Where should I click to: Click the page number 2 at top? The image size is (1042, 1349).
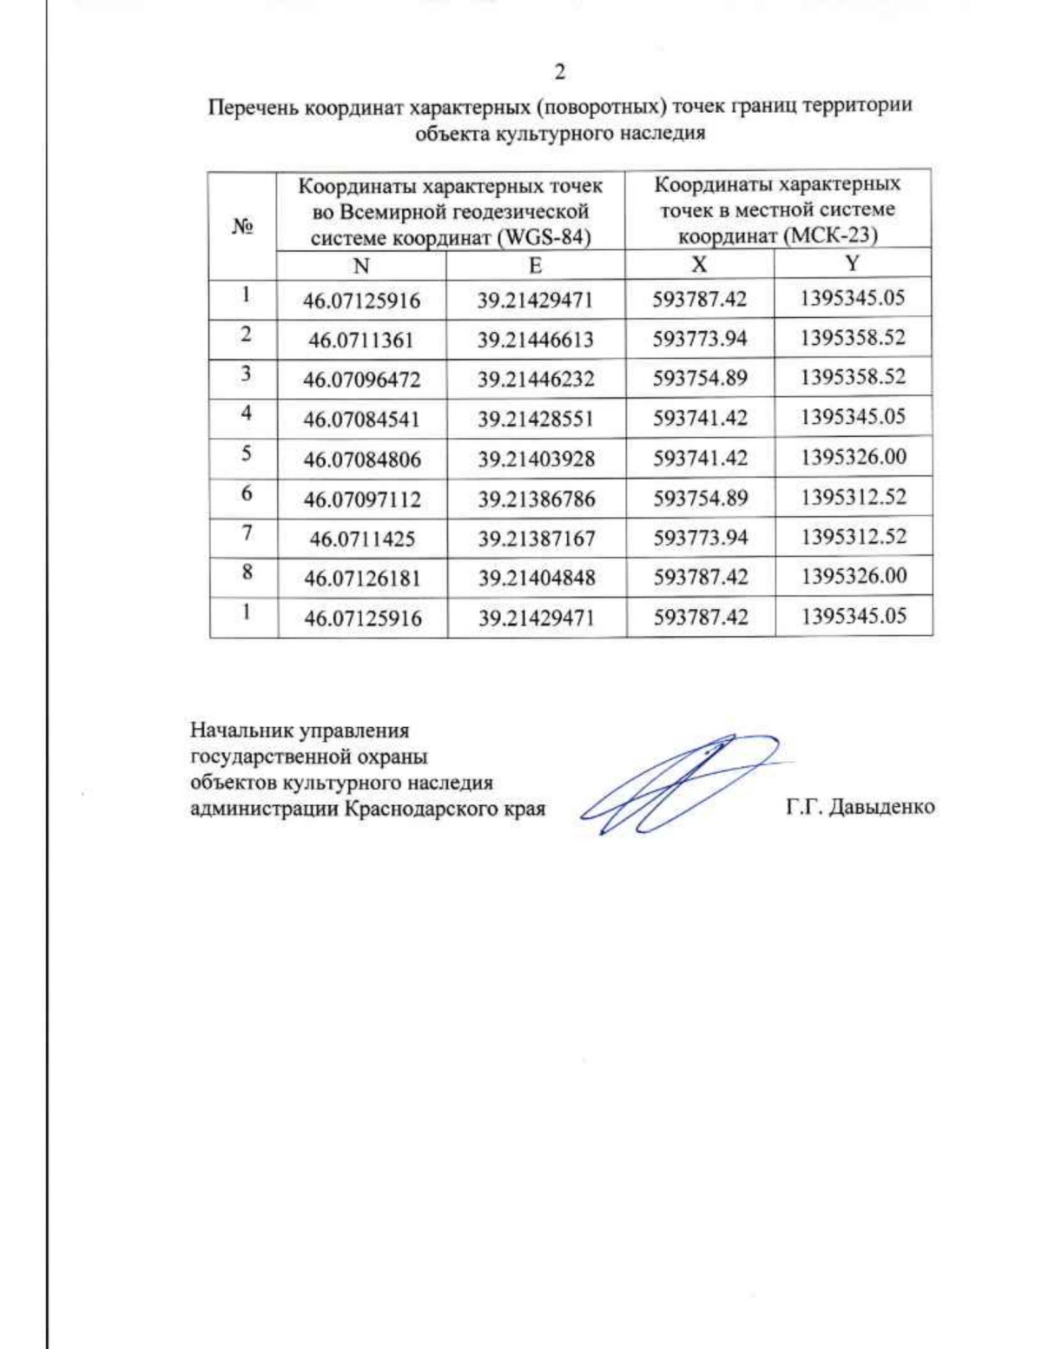click(x=559, y=72)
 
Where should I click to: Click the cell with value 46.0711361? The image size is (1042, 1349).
click(x=361, y=341)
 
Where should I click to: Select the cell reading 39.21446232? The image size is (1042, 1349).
click(x=536, y=380)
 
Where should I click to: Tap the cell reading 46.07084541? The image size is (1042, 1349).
click(x=361, y=420)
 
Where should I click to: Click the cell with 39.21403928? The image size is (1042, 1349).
click(x=536, y=460)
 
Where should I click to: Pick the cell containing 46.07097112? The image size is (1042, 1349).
click(x=362, y=499)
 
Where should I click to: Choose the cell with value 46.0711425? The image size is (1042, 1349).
click(x=362, y=539)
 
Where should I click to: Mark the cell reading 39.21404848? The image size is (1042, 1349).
click(x=537, y=579)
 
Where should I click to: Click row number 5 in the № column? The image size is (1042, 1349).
click(x=247, y=453)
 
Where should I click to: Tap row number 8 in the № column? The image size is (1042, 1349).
click(x=247, y=572)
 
